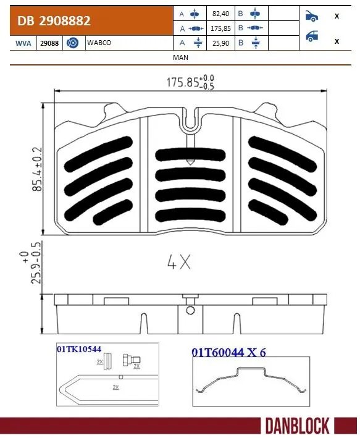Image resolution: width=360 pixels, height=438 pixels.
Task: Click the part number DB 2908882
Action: (x=54, y=21)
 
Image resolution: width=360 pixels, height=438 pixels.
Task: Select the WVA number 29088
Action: (x=51, y=42)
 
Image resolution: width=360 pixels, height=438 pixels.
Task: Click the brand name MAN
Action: (x=181, y=57)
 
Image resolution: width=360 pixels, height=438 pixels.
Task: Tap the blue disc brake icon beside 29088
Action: (x=72, y=42)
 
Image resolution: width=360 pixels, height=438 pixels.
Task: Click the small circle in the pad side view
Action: (x=190, y=310)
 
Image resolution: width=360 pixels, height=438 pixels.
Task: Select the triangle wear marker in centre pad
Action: (x=190, y=163)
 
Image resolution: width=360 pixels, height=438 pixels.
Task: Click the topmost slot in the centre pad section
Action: (x=190, y=153)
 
